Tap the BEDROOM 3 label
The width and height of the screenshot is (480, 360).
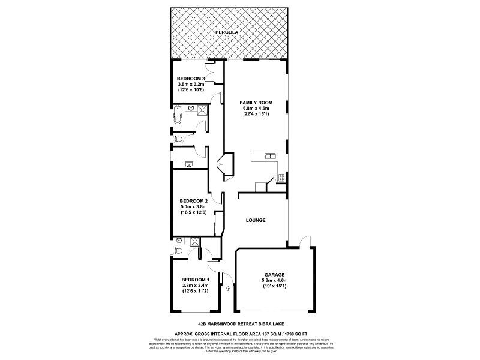tap(191, 79)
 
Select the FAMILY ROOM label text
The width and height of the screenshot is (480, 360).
tap(256, 103)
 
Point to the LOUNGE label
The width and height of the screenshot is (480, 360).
tap(256, 220)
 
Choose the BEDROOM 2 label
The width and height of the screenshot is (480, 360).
tap(193, 200)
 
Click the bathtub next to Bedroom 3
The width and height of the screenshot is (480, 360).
tap(177, 116)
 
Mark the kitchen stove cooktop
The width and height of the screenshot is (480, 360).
tap(280, 177)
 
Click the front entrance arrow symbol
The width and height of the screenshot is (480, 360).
tap(227, 289)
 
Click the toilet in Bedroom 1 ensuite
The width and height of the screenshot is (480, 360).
tap(178, 250)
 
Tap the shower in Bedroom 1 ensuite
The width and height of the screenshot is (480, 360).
tap(194, 242)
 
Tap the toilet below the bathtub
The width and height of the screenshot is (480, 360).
tap(178, 139)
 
